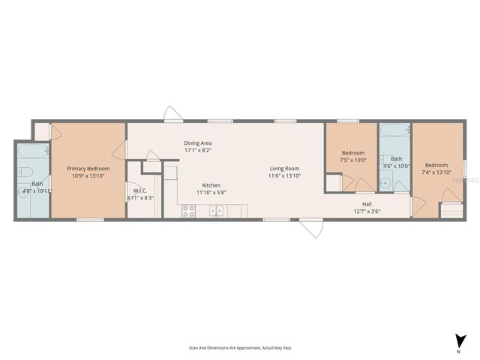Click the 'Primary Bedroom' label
[88, 169]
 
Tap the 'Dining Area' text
[198, 142]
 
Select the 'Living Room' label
[284, 169]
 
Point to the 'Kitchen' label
[211, 185]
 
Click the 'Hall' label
[367, 203]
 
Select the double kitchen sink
[216, 211]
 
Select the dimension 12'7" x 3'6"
[367, 211]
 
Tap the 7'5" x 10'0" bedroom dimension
[352, 160]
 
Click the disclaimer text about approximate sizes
[239, 348]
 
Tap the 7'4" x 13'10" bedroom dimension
[436, 172]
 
